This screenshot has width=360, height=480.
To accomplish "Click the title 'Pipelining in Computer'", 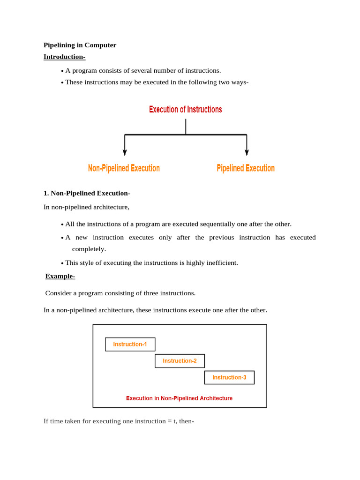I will tap(80, 45).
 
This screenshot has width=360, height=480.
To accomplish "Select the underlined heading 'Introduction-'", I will tap(64, 57).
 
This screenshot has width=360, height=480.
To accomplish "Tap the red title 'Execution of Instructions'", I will tap(186, 110).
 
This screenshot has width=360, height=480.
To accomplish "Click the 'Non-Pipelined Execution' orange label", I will tap(124, 168).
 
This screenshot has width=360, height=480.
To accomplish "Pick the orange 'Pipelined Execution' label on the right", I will tap(246, 168).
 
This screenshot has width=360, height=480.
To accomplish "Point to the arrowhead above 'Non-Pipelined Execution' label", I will tap(125, 152).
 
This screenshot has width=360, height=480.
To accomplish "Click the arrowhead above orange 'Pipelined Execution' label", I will tap(247, 152).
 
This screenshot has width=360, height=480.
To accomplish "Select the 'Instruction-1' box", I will tap(130, 345).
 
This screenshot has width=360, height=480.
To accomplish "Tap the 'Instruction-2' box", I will tap(180, 361).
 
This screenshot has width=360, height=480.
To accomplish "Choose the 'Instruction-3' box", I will tap(229, 377).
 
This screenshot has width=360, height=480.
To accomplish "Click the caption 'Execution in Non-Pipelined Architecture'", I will tap(179, 398).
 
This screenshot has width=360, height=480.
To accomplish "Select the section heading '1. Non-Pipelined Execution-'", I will tap(87, 193).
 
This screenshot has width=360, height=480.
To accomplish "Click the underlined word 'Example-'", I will tap(60, 276).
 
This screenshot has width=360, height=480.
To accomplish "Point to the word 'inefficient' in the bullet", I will tap(221, 263).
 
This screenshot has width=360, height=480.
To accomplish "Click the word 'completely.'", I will tap(89, 249).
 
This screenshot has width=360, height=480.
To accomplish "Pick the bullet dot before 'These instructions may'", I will tap(62, 83).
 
